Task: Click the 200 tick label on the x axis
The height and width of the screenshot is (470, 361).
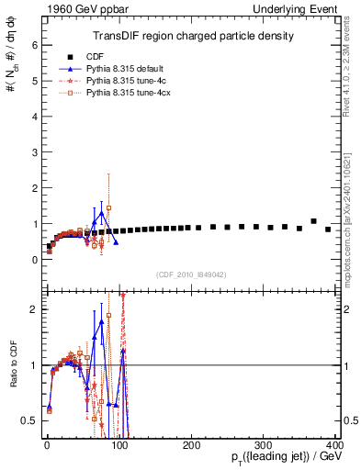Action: click(x=191, y=443)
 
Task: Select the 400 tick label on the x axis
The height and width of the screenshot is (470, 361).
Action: click(x=334, y=443)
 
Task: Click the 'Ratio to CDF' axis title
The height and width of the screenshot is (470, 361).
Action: click(x=12, y=381)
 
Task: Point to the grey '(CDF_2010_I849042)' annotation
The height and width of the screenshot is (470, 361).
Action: click(x=190, y=274)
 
